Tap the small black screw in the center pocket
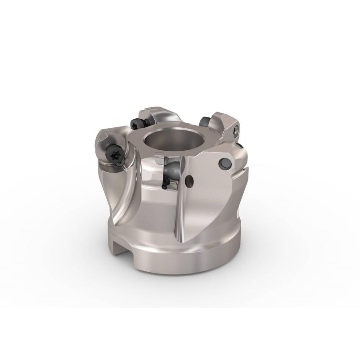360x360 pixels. click(x=166, y=182)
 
